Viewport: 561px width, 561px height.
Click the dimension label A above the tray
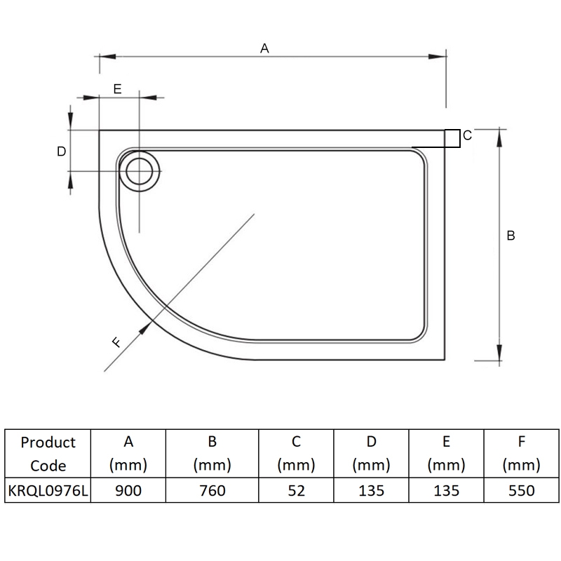(x=264, y=48)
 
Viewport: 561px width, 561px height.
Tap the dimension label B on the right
(x=511, y=236)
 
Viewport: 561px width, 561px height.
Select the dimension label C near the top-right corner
(x=467, y=135)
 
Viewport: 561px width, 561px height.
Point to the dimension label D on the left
(x=61, y=151)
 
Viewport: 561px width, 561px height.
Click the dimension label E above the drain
(x=118, y=89)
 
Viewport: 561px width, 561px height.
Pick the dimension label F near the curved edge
(x=117, y=342)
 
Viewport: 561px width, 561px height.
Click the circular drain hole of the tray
(x=140, y=171)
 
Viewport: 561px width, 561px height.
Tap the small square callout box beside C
(x=452, y=138)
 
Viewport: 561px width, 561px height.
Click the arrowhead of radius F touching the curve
(x=148, y=326)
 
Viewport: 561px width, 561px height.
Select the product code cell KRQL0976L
(x=48, y=491)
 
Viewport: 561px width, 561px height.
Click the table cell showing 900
(x=128, y=491)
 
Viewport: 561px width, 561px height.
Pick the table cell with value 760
(x=212, y=491)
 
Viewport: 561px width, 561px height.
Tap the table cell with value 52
(x=296, y=491)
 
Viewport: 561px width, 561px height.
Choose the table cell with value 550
(x=520, y=491)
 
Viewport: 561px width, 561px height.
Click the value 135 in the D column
(x=371, y=491)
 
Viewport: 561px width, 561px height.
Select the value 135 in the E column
(x=446, y=491)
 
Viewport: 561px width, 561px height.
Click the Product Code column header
(x=48, y=454)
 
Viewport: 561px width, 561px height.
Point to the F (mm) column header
(x=520, y=454)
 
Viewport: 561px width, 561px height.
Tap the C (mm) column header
(x=296, y=454)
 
